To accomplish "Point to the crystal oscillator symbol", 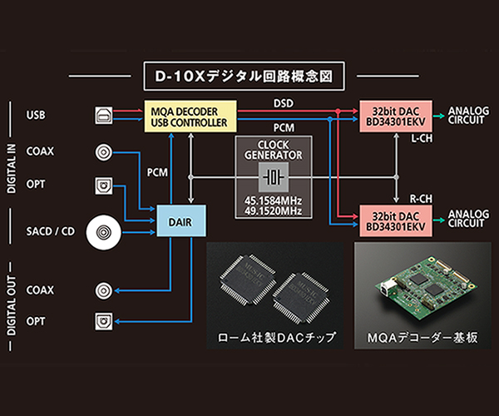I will click(274, 177).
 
